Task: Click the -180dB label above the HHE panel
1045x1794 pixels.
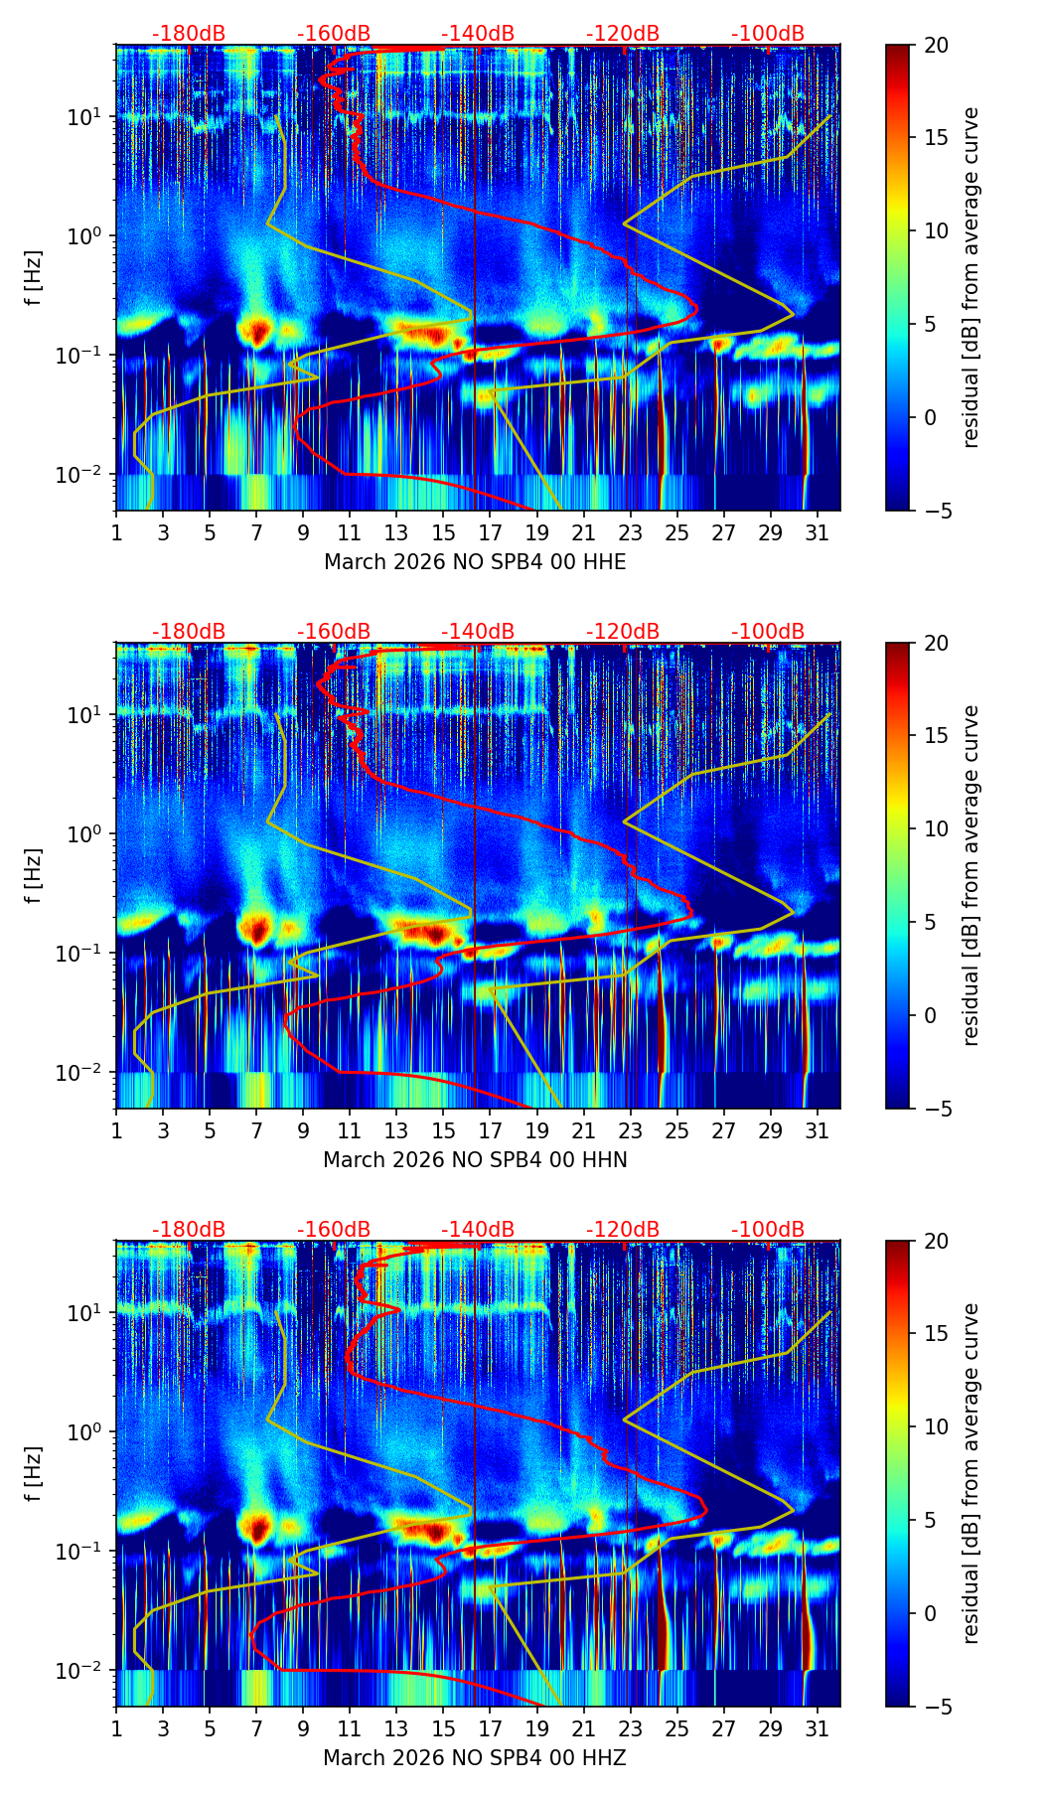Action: click(189, 34)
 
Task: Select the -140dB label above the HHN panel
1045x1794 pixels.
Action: click(478, 632)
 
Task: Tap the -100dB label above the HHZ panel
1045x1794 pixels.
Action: click(768, 1230)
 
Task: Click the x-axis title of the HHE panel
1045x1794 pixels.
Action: click(475, 562)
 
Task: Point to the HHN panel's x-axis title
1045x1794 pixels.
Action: click(475, 1160)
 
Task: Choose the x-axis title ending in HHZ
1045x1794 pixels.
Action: click(475, 1758)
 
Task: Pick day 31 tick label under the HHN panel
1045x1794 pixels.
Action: click(818, 1130)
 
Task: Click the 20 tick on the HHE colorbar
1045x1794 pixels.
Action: click(935, 46)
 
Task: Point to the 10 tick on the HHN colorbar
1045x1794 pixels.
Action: click(935, 828)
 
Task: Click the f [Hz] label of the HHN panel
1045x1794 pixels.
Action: click(34, 875)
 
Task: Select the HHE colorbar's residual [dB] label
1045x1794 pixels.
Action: click(971, 277)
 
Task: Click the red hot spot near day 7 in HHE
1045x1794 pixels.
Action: click(257, 330)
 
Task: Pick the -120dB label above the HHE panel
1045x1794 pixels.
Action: click(623, 34)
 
